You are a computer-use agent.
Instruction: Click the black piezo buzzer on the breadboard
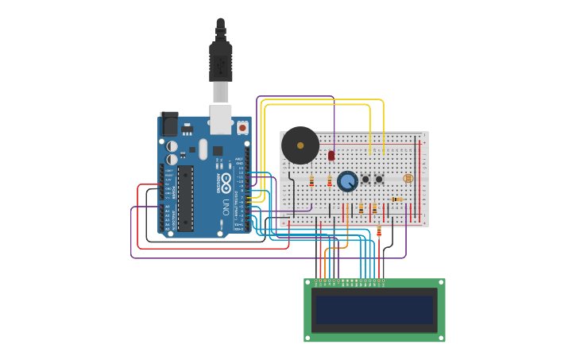[300, 145]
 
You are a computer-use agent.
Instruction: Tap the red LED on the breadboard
[331, 156]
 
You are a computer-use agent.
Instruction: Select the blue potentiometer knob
[347, 181]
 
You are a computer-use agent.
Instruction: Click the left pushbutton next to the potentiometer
[365, 180]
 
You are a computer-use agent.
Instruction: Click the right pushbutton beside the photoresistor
[379, 180]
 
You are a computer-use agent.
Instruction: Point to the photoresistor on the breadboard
[408, 179]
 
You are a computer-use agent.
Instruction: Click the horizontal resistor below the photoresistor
[396, 199]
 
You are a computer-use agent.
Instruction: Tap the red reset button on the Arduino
[242, 127]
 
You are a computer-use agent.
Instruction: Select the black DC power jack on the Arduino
[169, 125]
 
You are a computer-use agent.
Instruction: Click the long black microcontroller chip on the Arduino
[185, 198]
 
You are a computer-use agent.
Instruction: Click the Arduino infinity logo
[226, 181]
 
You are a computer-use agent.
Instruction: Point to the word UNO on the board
[226, 207]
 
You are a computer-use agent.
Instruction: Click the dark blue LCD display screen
[374, 310]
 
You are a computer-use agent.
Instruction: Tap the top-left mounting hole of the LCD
[308, 283]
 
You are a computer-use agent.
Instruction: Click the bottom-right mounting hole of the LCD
[441, 337]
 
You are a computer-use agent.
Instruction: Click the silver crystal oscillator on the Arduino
[203, 149]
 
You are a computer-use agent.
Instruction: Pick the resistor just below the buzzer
[311, 181]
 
